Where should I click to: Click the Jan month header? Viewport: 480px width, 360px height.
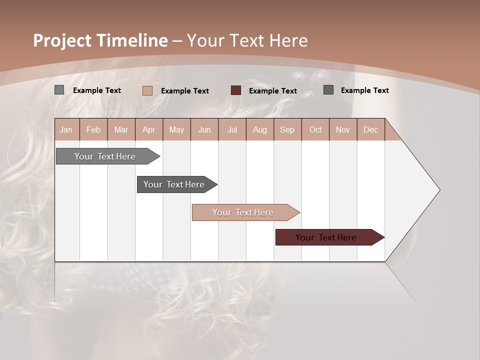coord(66,130)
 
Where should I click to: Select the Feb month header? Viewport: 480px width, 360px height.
coord(93,130)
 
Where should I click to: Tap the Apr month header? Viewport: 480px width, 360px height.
coord(149,130)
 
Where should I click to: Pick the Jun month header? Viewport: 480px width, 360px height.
coord(204,130)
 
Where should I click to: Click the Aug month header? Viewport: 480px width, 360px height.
coord(260,130)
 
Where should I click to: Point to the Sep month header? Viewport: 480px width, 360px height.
coord(287,130)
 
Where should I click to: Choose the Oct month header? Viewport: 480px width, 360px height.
coord(315,130)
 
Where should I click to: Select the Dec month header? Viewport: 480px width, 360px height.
coord(371,130)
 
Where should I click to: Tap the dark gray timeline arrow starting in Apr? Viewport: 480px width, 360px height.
coord(175,184)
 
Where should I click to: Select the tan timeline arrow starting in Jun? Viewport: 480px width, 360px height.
coord(244,212)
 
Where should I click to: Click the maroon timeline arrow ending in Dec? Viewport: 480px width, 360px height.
coord(327,237)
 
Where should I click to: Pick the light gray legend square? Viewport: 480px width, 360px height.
coord(59,90)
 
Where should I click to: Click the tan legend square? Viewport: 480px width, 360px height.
coord(147,90)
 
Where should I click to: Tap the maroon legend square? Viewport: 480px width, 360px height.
coord(236,90)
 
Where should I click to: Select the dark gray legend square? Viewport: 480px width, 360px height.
coord(328,90)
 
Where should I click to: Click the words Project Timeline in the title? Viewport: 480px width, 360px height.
coord(100,40)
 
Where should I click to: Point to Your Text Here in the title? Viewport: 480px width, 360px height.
coord(247,40)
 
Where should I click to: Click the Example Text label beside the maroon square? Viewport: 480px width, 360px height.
coord(273,91)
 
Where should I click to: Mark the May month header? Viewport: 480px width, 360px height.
coord(176,130)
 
